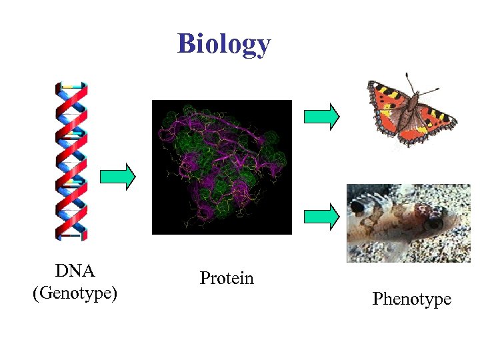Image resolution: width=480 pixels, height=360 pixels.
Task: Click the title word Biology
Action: [224, 44]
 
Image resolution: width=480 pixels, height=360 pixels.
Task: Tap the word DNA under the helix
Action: [75, 271]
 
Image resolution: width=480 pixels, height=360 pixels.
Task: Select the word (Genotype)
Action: [75, 293]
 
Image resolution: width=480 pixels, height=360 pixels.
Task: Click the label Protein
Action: [227, 278]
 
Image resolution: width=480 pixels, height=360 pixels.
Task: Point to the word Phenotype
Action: [411, 299]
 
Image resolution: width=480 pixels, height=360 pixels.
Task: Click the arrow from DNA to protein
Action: [117, 177]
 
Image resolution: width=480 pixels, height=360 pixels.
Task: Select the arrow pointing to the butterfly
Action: [321, 117]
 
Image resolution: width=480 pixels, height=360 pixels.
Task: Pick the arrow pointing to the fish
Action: [321, 216]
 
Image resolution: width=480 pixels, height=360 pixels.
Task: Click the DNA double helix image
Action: [71, 160]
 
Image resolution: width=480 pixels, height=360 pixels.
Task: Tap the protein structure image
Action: [222, 167]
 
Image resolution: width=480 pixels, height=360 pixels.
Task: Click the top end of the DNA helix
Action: [71, 86]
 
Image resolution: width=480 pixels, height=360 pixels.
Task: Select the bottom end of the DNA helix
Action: [71, 234]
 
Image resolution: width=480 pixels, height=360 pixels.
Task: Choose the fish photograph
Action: [408, 223]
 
